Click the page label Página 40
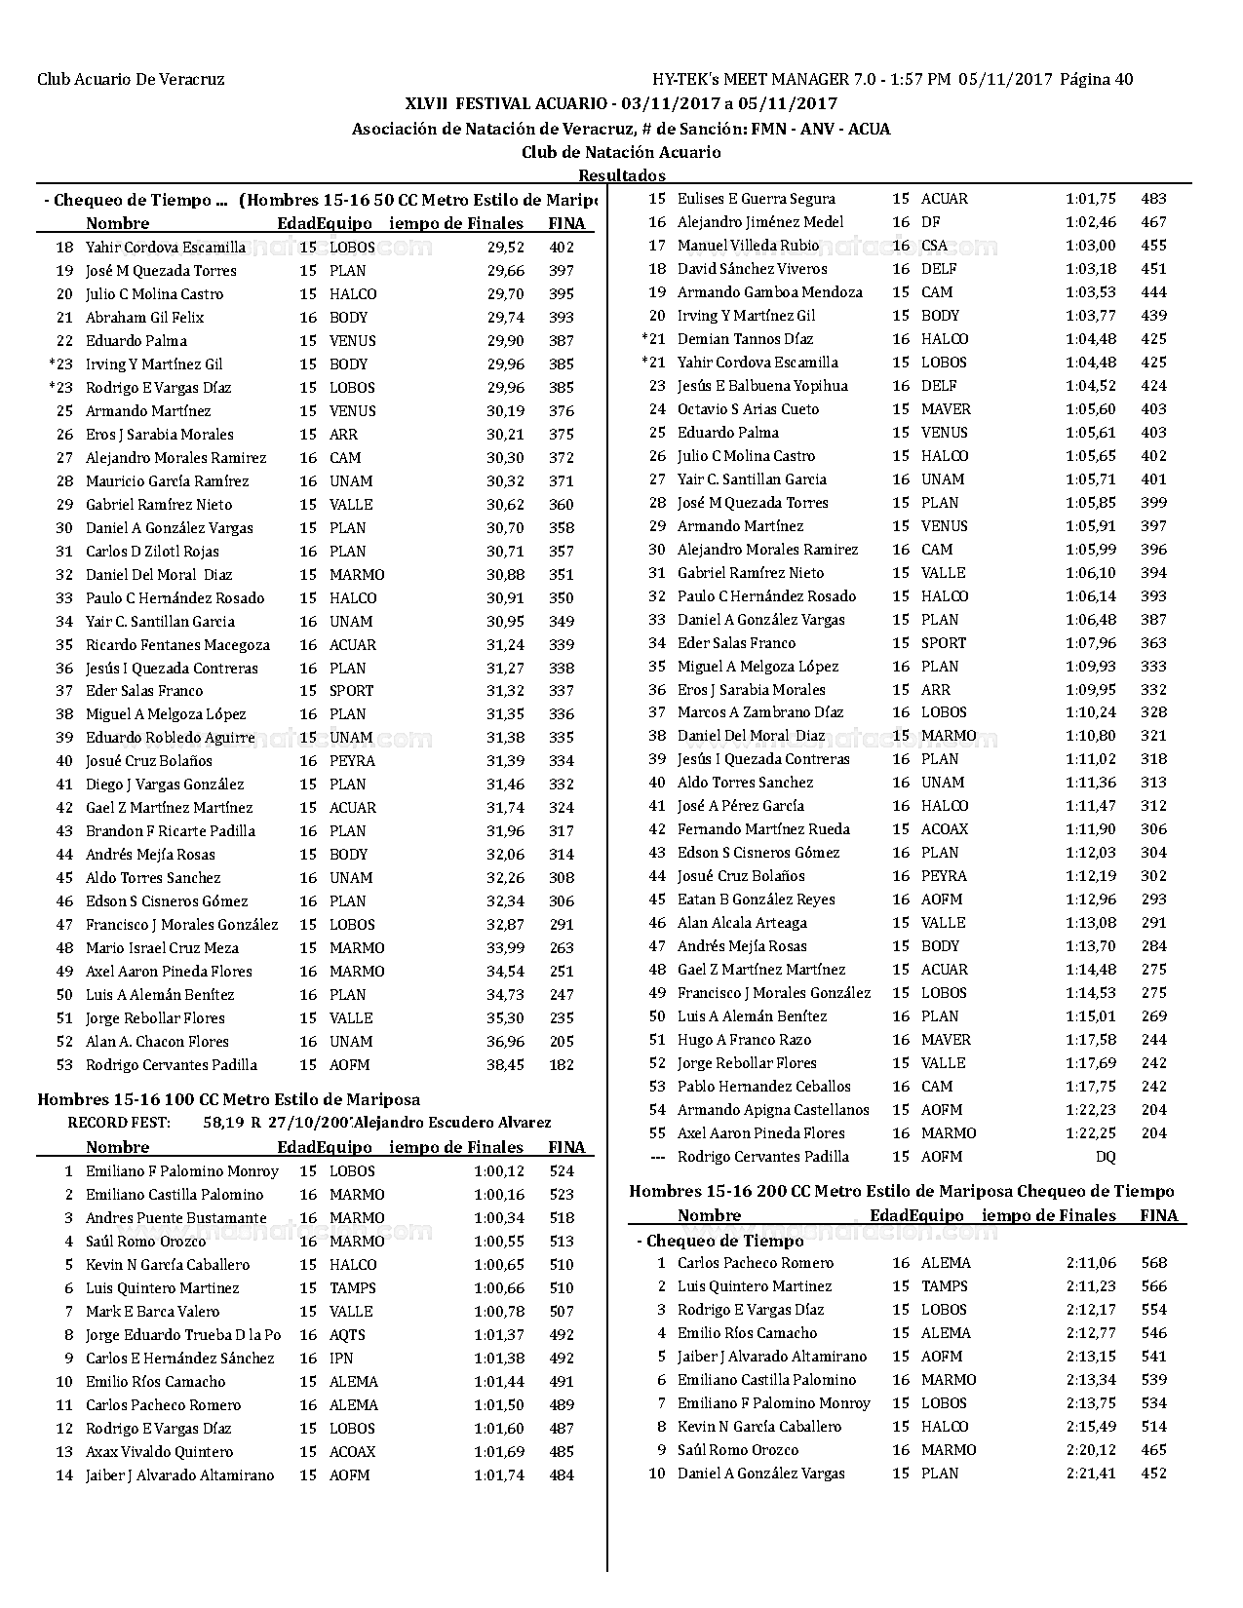point(1096,80)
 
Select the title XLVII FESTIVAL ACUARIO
point(507,103)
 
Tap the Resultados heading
point(622,175)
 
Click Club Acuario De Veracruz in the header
point(131,80)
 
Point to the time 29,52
point(505,248)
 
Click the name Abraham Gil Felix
point(144,318)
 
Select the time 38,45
point(505,1065)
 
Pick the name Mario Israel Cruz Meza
point(162,948)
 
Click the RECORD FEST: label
point(119,1123)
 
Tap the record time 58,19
point(222,1123)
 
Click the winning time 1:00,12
point(498,1171)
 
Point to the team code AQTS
point(347,1335)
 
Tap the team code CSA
point(934,246)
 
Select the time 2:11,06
point(1091,1263)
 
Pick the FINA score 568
point(1153,1263)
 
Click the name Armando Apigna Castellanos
point(773,1110)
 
